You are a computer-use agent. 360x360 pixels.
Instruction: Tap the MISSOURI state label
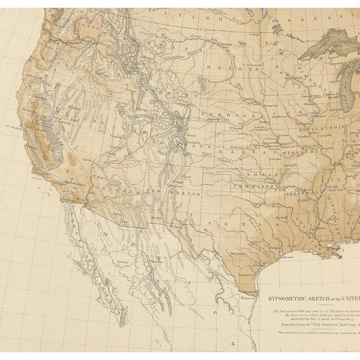click(x=289, y=154)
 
